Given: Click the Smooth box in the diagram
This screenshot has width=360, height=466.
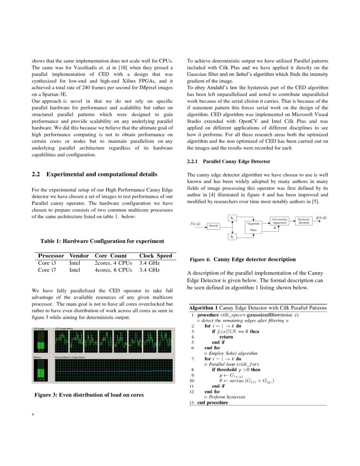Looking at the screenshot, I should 213,226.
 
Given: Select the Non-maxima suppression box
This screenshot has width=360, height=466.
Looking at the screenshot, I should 280,221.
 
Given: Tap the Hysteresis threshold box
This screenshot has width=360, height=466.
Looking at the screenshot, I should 304,221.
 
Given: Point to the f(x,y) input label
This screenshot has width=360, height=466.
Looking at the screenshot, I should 195,223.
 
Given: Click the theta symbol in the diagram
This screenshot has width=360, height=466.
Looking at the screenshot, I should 275,228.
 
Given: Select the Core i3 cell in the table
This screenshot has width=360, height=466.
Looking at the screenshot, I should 47,263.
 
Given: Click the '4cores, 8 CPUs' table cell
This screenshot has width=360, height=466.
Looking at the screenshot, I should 113,270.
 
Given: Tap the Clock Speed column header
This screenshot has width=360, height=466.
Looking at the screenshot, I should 155,255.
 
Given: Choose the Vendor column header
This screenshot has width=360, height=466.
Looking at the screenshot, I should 79,255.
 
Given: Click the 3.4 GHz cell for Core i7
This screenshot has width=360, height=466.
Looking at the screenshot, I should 149,270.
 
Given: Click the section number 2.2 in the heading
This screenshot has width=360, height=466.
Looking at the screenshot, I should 36,174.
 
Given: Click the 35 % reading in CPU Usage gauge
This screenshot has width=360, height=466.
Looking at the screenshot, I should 41,351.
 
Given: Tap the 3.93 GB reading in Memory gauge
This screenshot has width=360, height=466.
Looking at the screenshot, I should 41,379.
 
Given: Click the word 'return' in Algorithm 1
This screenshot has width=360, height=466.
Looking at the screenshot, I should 226,337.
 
